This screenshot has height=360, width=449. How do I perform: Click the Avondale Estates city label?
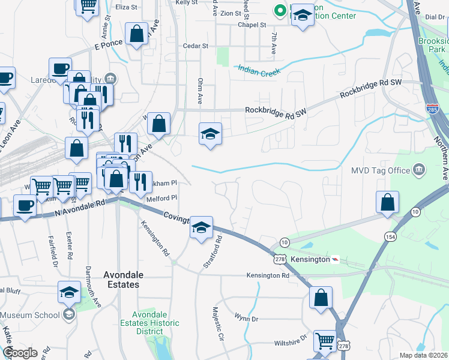click(x=123, y=279)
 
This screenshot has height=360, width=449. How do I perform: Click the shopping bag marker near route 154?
click(x=388, y=203)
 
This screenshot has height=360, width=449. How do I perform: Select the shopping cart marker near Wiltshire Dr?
click(x=325, y=340)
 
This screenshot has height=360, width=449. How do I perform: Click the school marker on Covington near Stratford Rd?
click(x=202, y=227)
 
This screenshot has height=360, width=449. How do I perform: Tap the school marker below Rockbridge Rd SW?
click(x=210, y=134)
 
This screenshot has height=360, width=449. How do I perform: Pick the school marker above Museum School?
click(x=70, y=292)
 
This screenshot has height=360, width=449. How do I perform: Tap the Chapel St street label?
click(x=252, y=25)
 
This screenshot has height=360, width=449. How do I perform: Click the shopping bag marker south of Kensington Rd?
click(x=321, y=297)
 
